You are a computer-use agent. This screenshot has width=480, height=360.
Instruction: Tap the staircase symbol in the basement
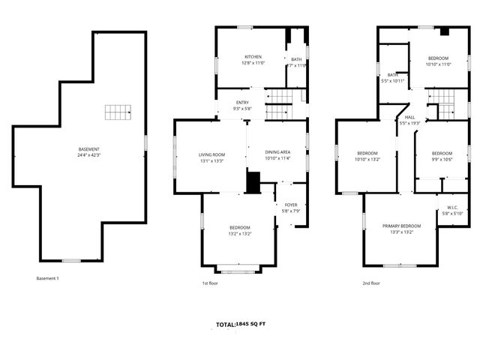117,113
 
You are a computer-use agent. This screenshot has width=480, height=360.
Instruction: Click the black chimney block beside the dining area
253,182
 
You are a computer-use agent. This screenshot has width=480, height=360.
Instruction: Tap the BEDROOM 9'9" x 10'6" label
442,155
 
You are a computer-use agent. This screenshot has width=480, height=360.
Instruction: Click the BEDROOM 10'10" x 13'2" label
367,155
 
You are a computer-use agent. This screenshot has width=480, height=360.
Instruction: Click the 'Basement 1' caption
47,279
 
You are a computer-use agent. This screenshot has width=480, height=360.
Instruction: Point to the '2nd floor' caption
371,283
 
